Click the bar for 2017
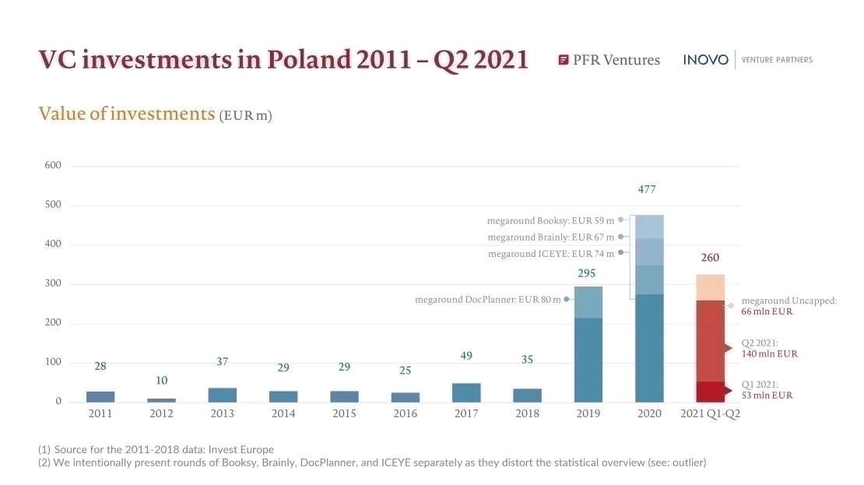click(466, 392)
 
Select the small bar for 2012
click(161, 400)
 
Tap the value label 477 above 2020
click(649, 189)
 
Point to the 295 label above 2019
click(588, 273)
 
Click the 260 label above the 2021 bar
click(710, 258)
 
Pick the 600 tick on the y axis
click(53, 166)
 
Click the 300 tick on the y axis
click(53, 284)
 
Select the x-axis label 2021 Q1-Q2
click(710, 413)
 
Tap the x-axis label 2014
click(283, 413)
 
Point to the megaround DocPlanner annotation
click(487, 300)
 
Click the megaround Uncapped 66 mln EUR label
click(788, 306)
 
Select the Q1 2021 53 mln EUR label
click(767, 389)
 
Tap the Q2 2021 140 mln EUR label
click(769, 348)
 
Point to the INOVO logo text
click(706, 60)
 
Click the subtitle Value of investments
click(126, 114)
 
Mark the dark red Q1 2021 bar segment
click(710, 392)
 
